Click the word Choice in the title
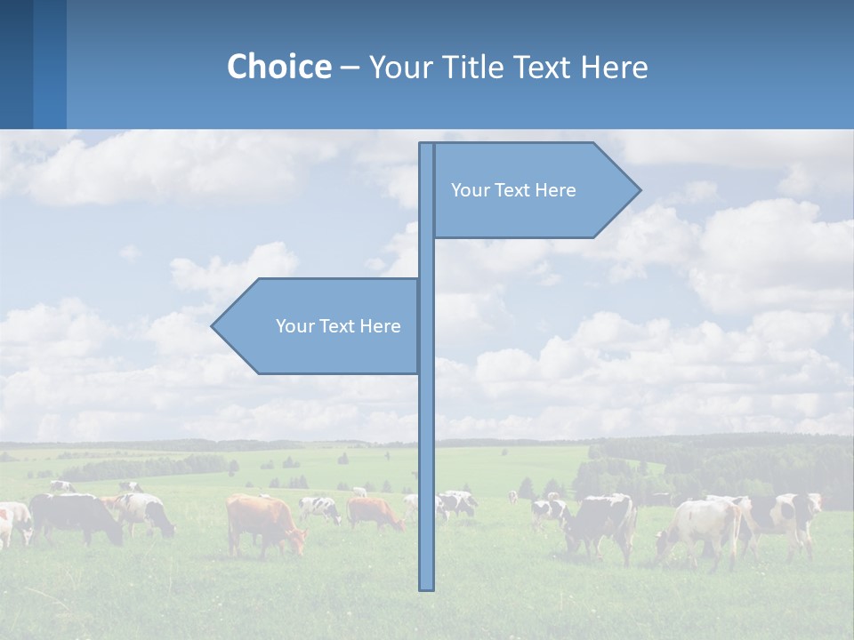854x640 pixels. [x=278, y=67]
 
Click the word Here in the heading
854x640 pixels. [x=614, y=67]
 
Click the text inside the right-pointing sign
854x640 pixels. [x=513, y=190]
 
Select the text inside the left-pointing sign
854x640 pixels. [x=338, y=326]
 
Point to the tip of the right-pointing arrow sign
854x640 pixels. [x=639, y=189]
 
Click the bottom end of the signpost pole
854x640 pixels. [x=427, y=587]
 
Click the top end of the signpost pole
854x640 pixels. [x=426, y=146]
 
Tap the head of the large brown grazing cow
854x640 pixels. [x=295, y=540]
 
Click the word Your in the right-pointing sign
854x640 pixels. [x=468, y=190]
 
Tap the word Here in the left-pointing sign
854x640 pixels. [x=380, y=326]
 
